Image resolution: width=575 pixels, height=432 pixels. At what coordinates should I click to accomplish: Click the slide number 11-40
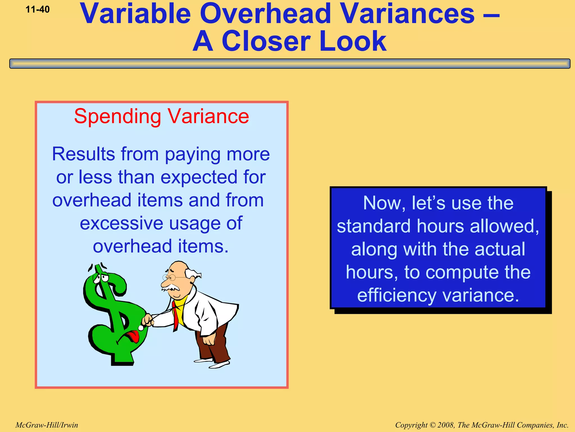tap(37, 10)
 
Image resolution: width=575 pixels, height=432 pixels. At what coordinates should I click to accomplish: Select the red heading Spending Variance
tap(161, 116)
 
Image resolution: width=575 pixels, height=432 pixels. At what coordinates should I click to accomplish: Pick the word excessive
tap(121, 223)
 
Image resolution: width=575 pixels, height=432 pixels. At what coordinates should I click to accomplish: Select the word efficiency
tap(396, 296)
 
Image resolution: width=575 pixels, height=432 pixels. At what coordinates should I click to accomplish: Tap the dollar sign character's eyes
tap(101, 278)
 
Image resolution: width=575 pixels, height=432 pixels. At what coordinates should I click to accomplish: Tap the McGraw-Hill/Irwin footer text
tap(47, 425)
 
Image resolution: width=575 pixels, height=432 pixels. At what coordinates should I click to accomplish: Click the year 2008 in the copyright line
tap(446, 425)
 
